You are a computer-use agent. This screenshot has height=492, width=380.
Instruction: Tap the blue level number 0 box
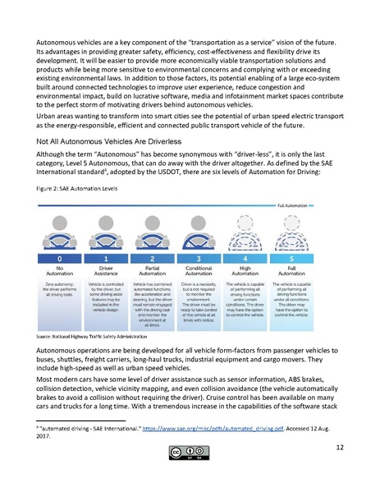pyautogui.click(x=61, y=258)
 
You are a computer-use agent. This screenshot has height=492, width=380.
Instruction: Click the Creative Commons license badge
pyautogui.click(x=190, y=476)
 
